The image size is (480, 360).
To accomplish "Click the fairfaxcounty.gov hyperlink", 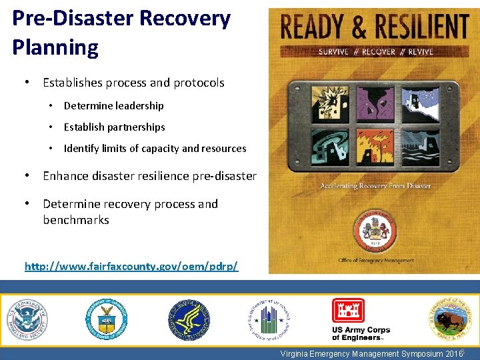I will pyautogui.click(x=131, y=266).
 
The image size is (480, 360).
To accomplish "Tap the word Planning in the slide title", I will pyautogui.click(x=55, y=47).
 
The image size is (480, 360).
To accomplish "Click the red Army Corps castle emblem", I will pyautogui.click(x=348, y=311).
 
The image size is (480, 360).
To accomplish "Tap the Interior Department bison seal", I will pyautogui.click(x=449, y=319).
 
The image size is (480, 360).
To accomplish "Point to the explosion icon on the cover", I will pyautogui.click(x=319, y=106).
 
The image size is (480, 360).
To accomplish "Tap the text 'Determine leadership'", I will pyautogui.click(x=113, y=105).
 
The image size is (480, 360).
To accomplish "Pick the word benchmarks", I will pyautogui.click(x=75, y=220).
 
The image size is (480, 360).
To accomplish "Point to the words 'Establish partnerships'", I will pyautogui.click(x=114, y=127).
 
